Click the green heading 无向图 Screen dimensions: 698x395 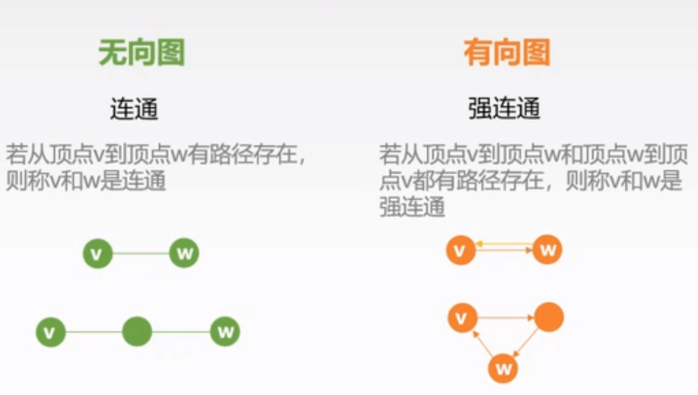(x=142, y=52)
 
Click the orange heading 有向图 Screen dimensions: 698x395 (x=507, y=52)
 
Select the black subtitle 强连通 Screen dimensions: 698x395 (x=505, y=109)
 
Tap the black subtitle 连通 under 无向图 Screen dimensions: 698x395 (x=134, y=109)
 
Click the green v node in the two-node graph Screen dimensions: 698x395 (x=98, y=253)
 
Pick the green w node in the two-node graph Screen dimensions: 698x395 (x=184, y=253)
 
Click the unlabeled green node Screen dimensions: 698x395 (x=137, y=331)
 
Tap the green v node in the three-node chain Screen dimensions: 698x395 (x=51, y=332)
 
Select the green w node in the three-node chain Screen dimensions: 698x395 (x=225, y=331)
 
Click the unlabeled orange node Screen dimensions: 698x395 (x=549, y=317)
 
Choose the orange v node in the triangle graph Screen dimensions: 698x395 (x=462, y=318)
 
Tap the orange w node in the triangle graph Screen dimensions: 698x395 (x=503, y=368)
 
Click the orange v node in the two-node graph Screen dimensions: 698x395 (x=461, y=251)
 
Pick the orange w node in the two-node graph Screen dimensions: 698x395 (x=547, y=250)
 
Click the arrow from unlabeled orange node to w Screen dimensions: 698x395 (x=526, y=343)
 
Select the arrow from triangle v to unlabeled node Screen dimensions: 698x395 (x=505, y=318)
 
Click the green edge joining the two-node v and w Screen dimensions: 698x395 (x=141, y=253)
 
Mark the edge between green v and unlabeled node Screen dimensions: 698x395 (x=94, y=332)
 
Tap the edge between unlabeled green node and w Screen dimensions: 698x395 (x=181, y=331)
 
